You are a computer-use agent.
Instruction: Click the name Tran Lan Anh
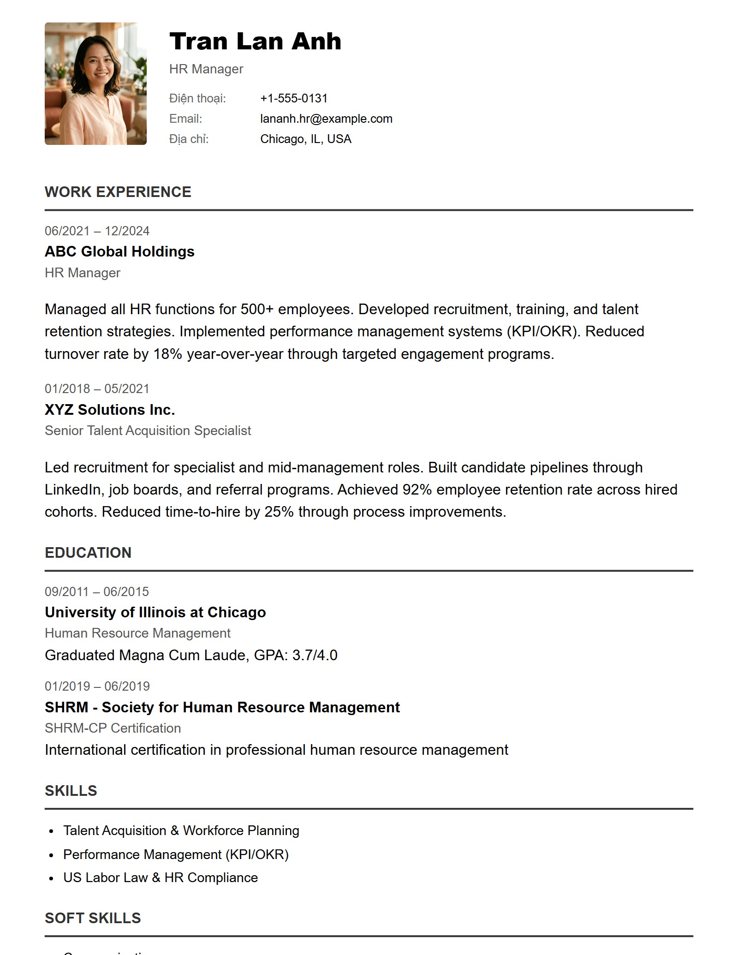(255, 42)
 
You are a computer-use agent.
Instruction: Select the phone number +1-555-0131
(294, 98)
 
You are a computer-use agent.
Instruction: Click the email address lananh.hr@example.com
(326, 119)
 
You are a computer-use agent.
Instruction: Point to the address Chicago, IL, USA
(305, 139)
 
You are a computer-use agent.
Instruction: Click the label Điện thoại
(197, 98)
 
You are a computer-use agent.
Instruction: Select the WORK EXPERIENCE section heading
(118, 192)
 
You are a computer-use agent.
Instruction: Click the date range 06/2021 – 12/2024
(97, 231)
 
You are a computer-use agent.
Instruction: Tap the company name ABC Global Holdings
(119, 251)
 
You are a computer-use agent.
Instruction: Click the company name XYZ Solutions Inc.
(110, 410)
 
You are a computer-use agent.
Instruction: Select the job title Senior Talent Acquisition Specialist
(148, 430)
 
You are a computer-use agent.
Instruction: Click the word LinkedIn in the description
(72, 489)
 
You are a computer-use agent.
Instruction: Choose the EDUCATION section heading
(88, 553)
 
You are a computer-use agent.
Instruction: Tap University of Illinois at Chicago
(155, 612)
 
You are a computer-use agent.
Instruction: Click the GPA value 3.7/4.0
(315, 655)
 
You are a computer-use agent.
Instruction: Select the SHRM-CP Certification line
(113, 728)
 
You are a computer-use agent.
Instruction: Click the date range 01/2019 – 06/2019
(97, 686)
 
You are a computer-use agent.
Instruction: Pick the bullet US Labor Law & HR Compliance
(160, 877)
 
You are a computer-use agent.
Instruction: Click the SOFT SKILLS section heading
(93, 918)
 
